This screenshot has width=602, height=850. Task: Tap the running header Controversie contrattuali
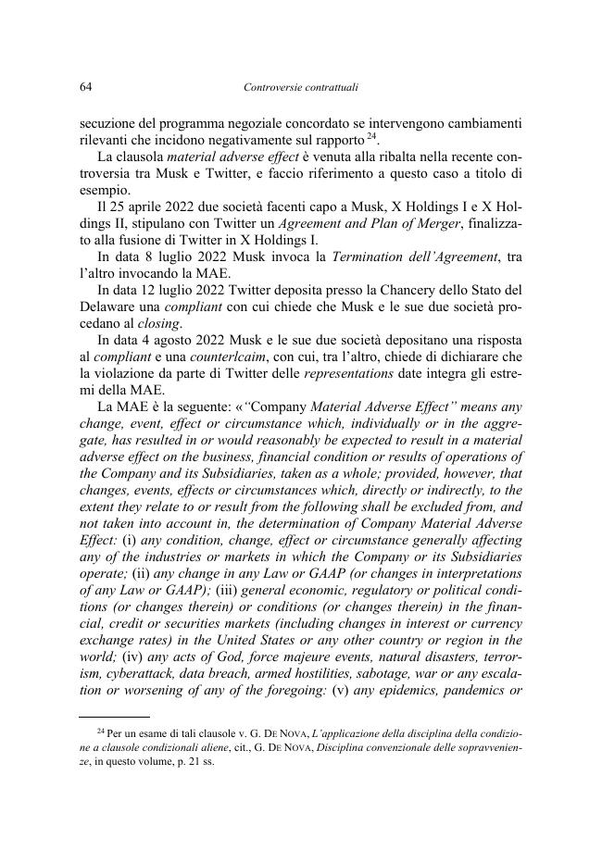(x=300, y=88)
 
